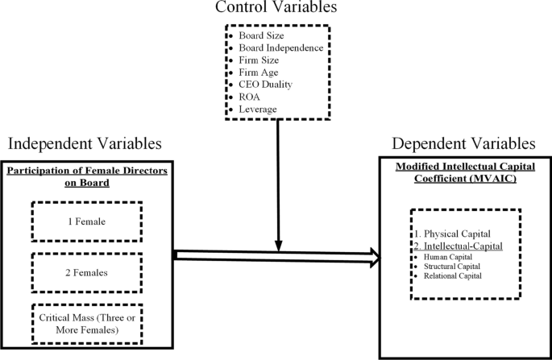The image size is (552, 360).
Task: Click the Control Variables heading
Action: pyautogui.click(x=276, y=9)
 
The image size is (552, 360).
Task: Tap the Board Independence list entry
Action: pyautogui.click(x=275, y=48)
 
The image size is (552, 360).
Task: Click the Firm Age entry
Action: pyautogui.click(x=256, y=72)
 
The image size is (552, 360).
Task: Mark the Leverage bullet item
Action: pyautogui.click(x=256, y=108)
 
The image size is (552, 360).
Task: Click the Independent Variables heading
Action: pyautogui.click(x=85, y=143)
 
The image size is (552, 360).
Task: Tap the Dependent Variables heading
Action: pyautogui.click(x=463, y=143)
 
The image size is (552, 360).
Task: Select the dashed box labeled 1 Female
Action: pyautogui.click(x=86, y=220)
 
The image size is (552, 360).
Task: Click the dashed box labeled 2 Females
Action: pyautogui.click(x=86, y=272)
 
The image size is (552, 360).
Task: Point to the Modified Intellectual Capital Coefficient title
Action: pyautogui.click(x=463, y=176)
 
